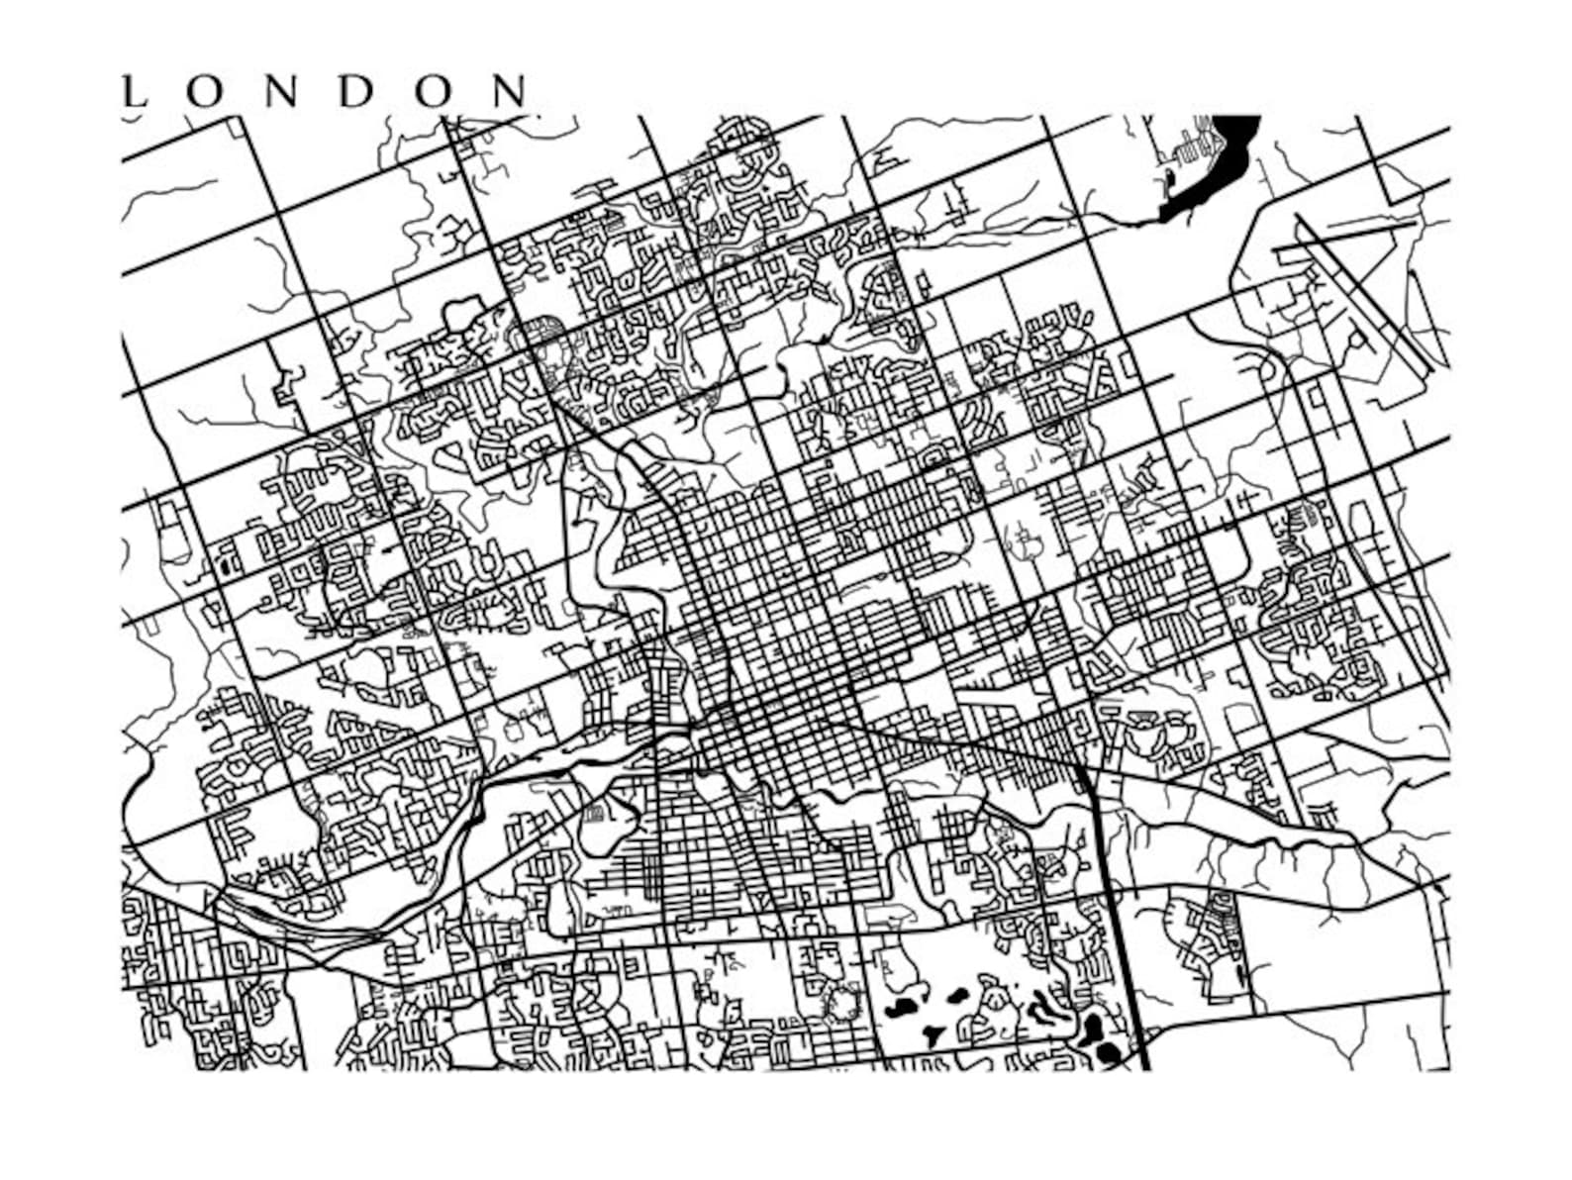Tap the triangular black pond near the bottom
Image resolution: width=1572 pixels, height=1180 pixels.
(931, 1034)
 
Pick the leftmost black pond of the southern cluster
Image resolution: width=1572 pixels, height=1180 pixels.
(900, 1011)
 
